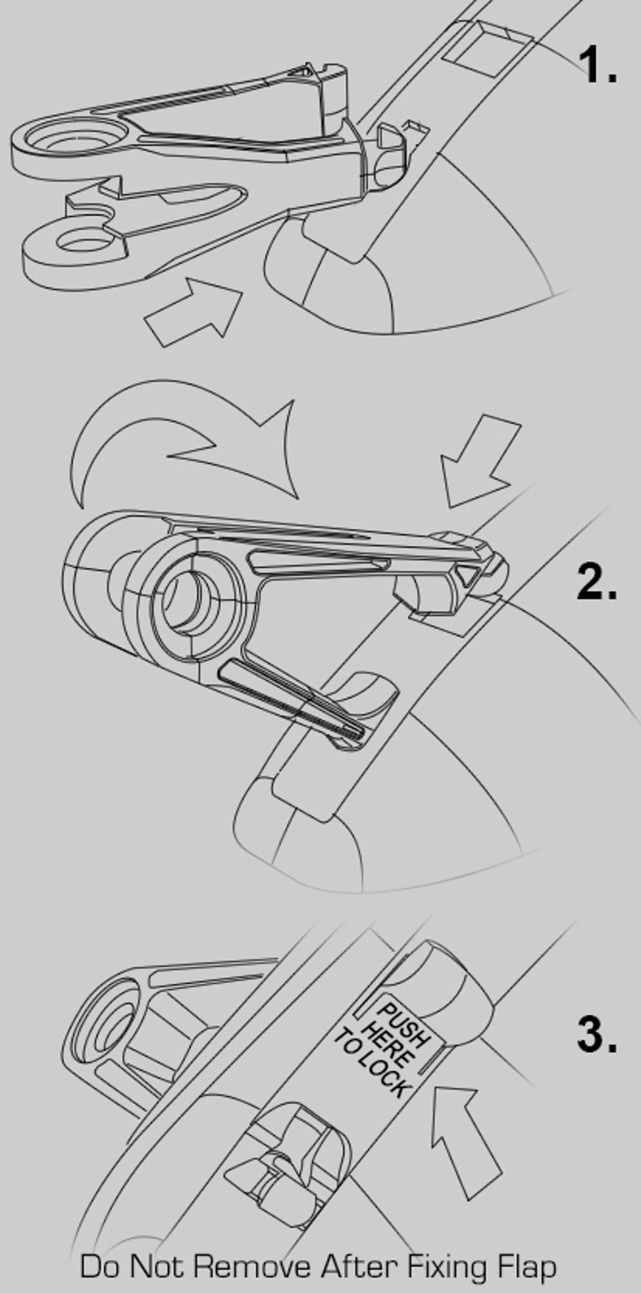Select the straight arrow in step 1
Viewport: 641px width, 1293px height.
pyautogui.click(x=194, y=312)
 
